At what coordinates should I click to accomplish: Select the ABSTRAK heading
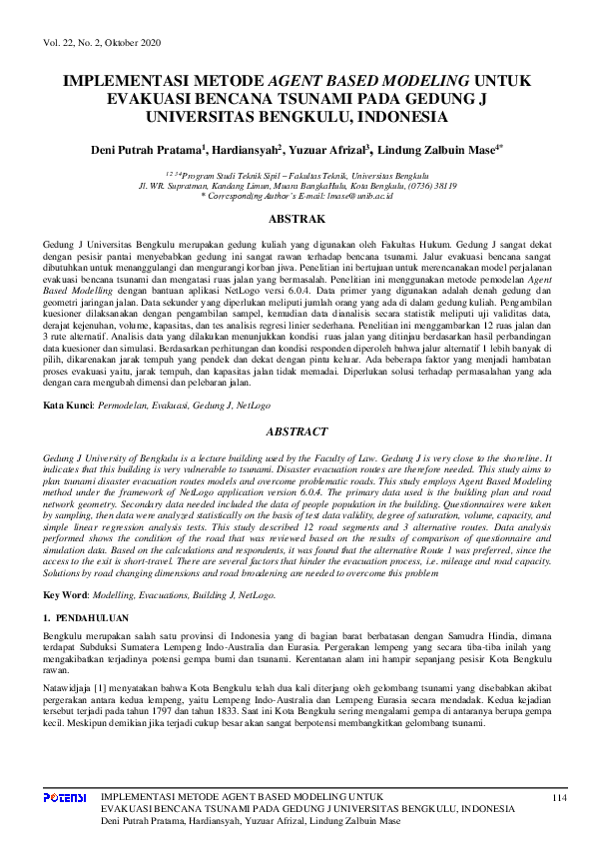[297, 219]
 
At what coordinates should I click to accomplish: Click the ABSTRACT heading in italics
[297, 431]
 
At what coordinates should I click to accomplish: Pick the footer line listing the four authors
[251, 820]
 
